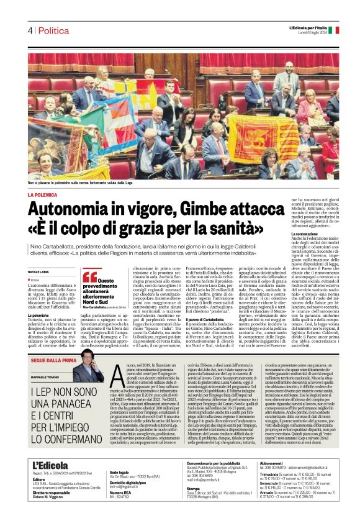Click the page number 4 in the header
pos(29,30)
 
